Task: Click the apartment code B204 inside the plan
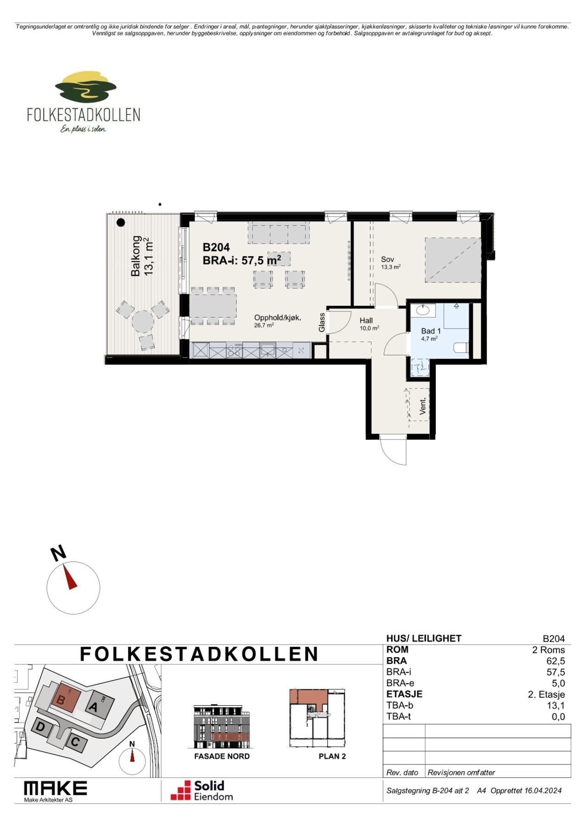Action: [x=216, y=248]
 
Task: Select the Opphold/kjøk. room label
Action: [x=278, y=318]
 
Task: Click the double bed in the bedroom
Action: [x=453, y=260]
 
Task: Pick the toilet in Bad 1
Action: [x=461, y=347]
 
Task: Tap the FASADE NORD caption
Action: [x=222, y=756]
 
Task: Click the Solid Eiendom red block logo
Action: [x=181, y=790]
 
